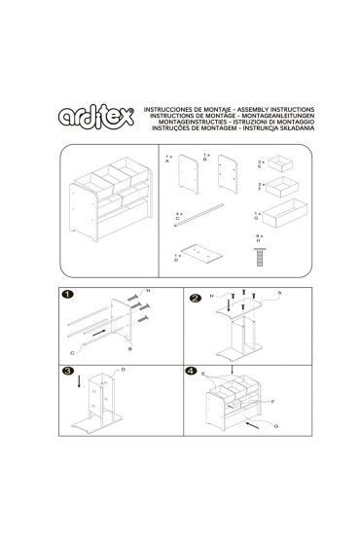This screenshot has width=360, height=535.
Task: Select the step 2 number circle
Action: point(195,298)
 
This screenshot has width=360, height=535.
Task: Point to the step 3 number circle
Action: point(66,371)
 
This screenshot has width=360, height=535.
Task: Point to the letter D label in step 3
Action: point(124,371)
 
